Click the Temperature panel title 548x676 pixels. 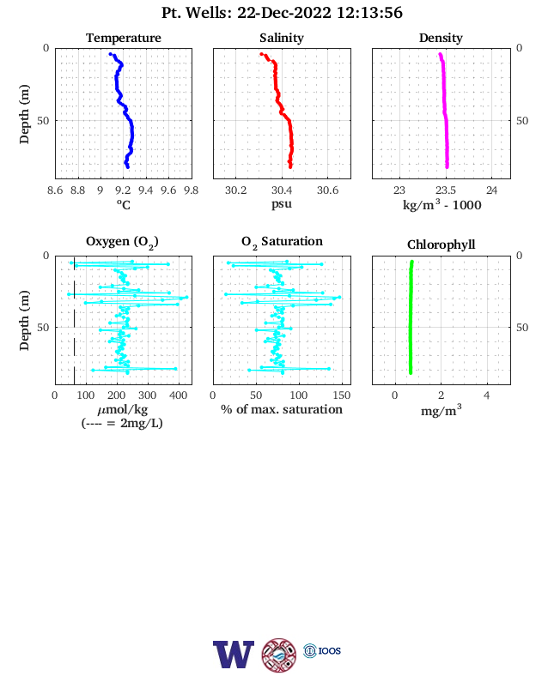pyautogui.click(x=124, y=38)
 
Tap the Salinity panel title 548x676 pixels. pyautogui.click(x=282, y=38)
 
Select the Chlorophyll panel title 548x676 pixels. pyautogui.click(x=441, y=244)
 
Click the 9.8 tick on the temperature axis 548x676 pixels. pyautogui.click(x=191, y=190)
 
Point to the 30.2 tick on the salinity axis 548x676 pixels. pyautogui.click(x=235, y=190)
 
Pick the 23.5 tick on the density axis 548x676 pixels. pyautogui.click(x=445, y=190)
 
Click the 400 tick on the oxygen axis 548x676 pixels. pyautogui.click(x=178, y=395)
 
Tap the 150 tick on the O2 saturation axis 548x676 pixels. pyautogui.click(x=342, y=395)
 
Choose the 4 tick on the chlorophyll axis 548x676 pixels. pyautogui.click(x=487, y=395)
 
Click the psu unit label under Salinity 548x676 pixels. pyautogui.click(x=282, y=204)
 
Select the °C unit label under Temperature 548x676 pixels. pyautogui.click(x=124, y=205)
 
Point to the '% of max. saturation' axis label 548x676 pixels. pyautogui.click(x=282, y=409)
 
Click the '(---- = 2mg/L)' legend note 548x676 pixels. pyautogui.click(x=122, y=424)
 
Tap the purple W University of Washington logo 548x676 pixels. pyautogui.click(x=234, y=654)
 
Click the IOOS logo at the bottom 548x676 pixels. pyautogui.click(x=322, y=650)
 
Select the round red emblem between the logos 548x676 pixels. pyautogui.click(x=279, y=655)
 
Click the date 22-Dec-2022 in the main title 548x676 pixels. pyautogui.click(x=284, y=13)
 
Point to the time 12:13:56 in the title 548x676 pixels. pyautogui.click(x=369, y=13)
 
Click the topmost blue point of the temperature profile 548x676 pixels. pyautogui.click(x=111, y=54)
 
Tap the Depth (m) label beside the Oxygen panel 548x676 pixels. pyautogui.click(x=25, y=320)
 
